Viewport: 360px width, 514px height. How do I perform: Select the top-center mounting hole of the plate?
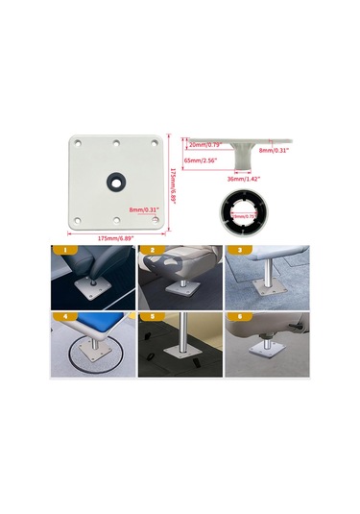point(115,144)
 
